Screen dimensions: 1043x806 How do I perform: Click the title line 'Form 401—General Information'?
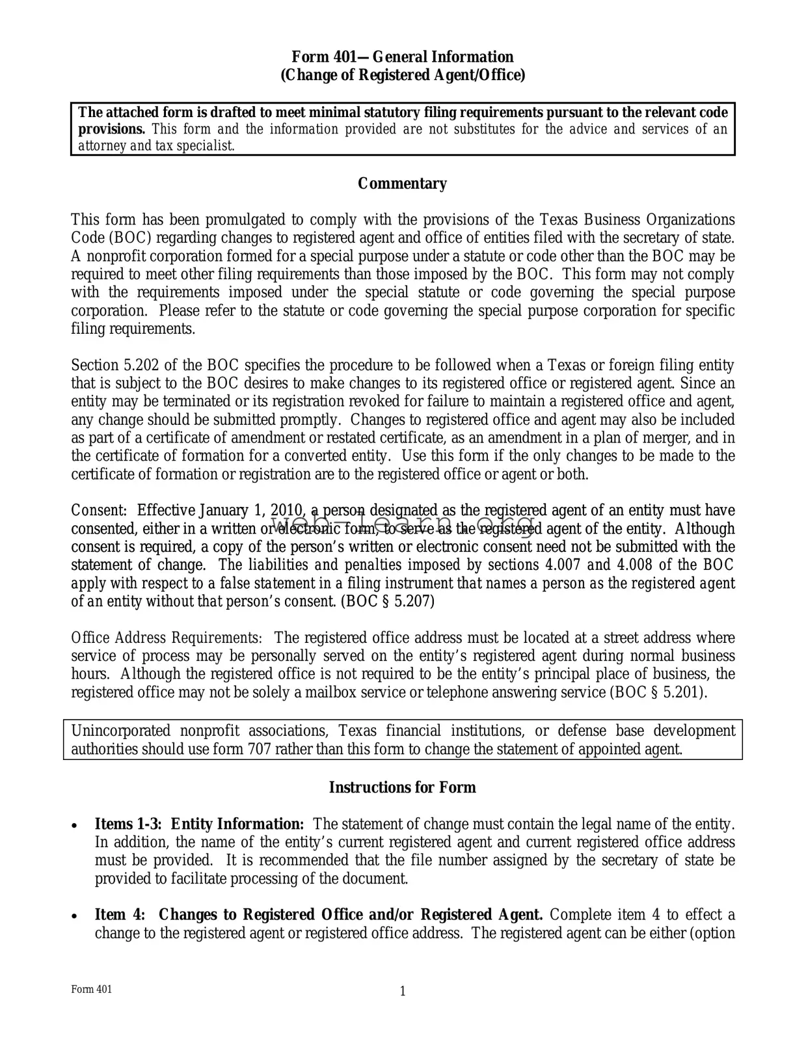pos(402,57)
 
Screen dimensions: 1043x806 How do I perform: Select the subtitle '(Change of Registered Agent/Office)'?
pos(402,75)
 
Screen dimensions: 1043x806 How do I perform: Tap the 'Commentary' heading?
pos(402,183)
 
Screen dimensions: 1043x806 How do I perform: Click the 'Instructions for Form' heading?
pos(402,787)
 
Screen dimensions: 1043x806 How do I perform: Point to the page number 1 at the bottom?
pos(402,991)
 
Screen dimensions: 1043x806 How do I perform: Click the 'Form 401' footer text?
pos(92,990)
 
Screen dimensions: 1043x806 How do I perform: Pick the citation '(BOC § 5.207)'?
pos(388,601)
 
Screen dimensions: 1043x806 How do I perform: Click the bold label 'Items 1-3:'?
pos(128,824)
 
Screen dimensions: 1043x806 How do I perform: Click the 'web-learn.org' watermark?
pos(402,524)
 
